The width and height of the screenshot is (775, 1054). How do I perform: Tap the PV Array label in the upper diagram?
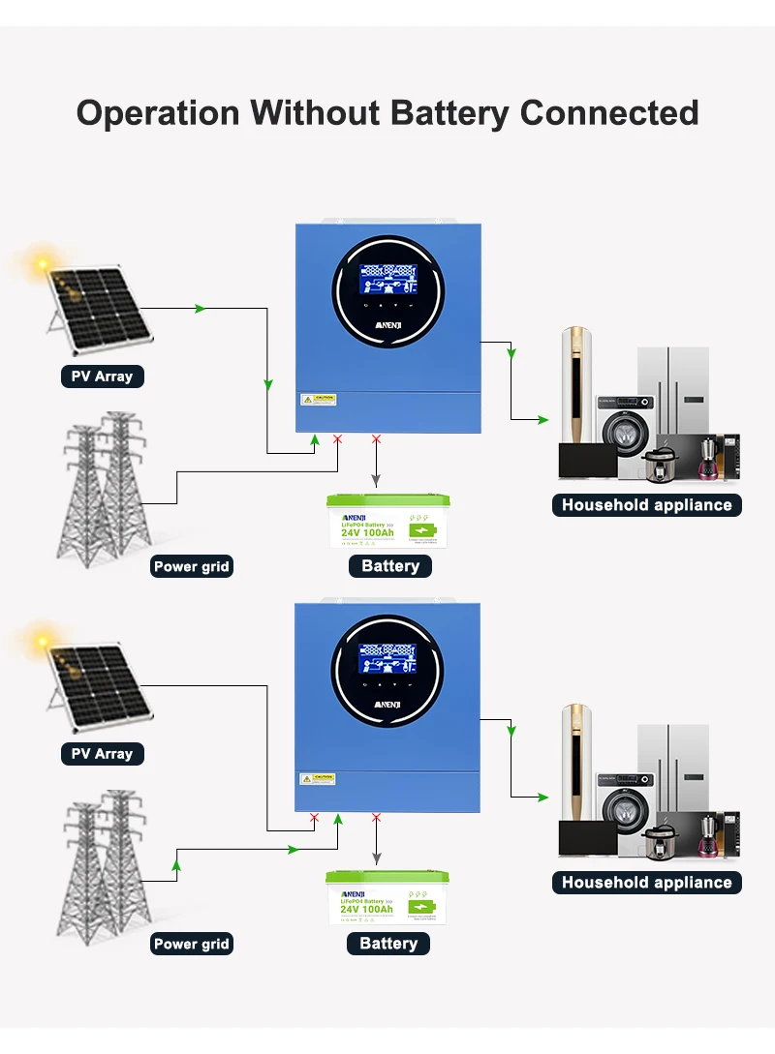click(x=102, y=376)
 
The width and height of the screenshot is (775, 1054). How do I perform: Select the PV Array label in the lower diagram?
click(x=102, y=754)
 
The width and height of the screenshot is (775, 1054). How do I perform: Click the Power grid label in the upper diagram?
click(x=192, y=567)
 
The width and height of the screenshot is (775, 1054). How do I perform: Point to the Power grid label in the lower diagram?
click(x=192, y=944)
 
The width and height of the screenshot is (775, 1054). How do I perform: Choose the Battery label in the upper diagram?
click(x=390, y=566)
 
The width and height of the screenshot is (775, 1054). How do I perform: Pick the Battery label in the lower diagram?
click(x=388, y=944)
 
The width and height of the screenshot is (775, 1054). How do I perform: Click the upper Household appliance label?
click(x=647, y=505)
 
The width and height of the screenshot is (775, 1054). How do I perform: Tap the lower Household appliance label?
click(x=647, y=883)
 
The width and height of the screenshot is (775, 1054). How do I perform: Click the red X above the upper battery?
click(x=377, y=439)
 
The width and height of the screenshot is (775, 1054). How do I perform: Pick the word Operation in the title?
click(x=158, y=112)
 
